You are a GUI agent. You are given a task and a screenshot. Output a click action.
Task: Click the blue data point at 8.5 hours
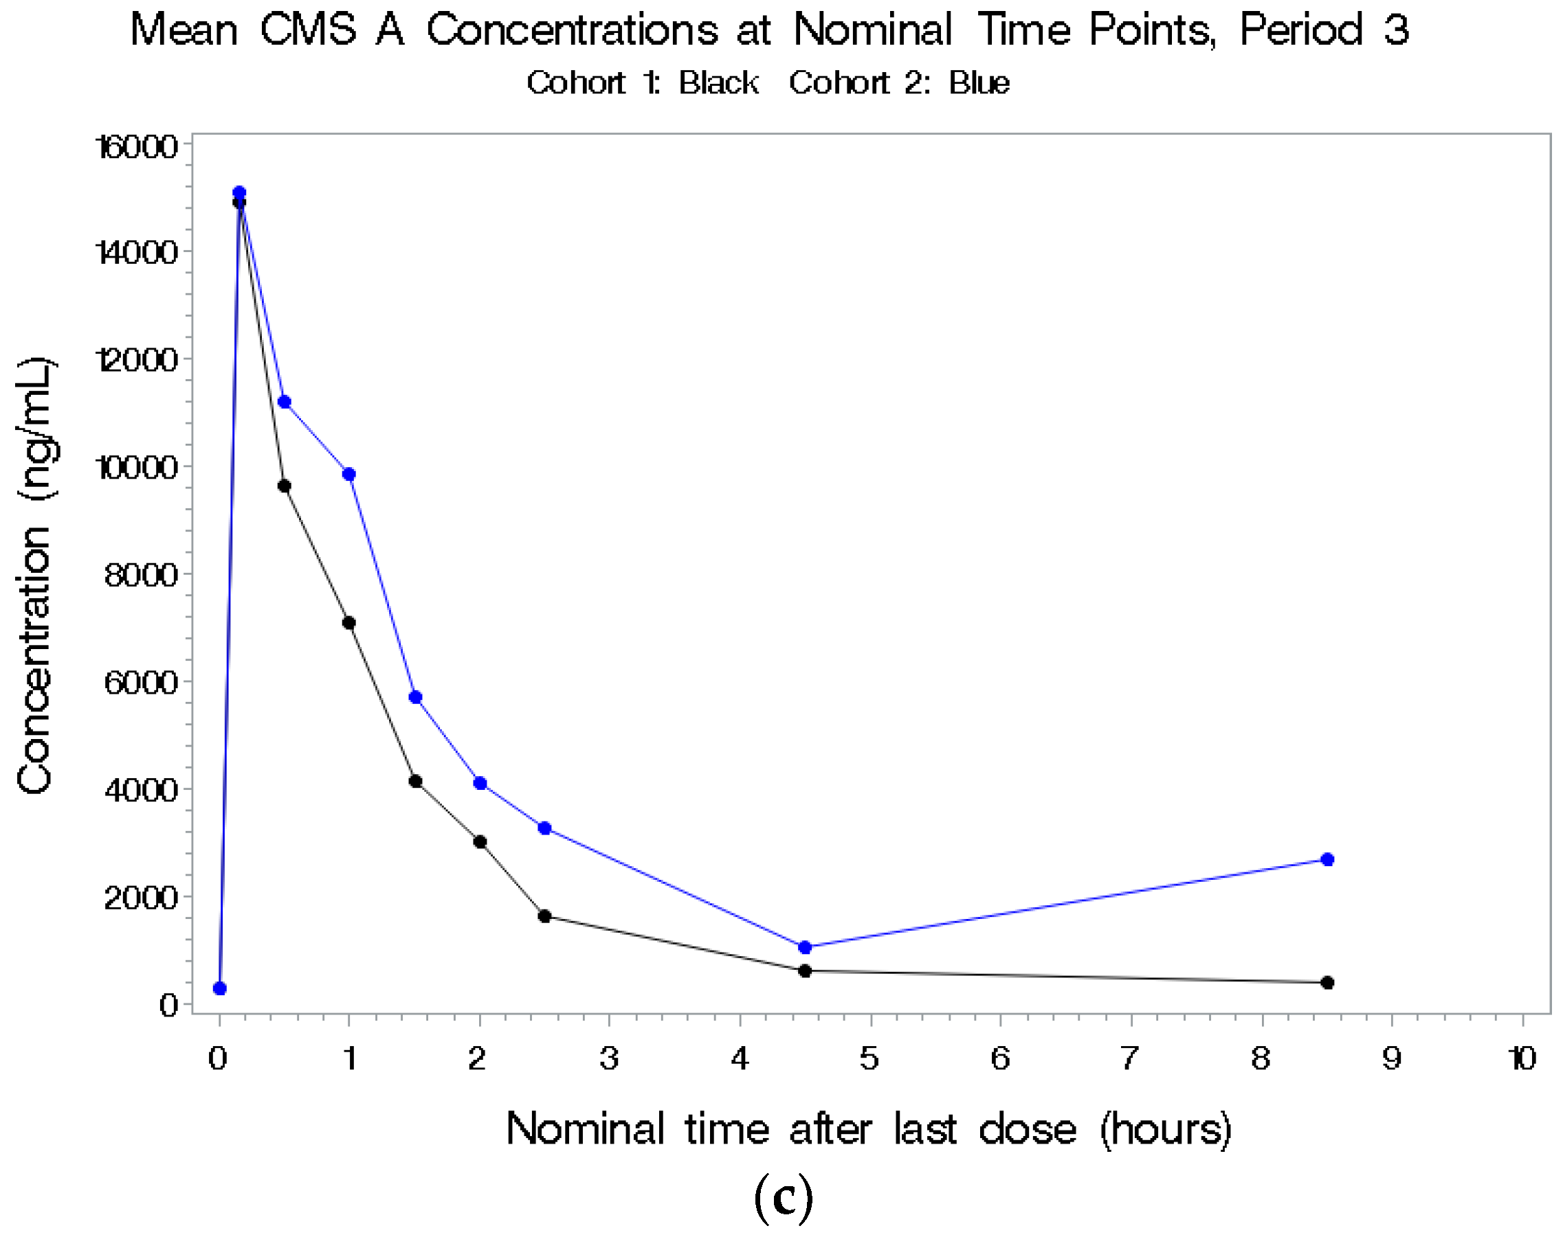tap(1327, 859)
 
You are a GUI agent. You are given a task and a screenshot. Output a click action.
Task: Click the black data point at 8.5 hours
tap(1327, 982)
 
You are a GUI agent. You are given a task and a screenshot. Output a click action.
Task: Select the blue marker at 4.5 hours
tap(804, 946)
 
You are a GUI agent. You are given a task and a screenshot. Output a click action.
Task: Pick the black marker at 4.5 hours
tap(804, 971)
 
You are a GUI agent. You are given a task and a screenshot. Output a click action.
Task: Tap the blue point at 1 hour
tap(348, 475)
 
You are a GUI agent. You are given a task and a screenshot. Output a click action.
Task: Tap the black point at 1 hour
tap(348, 623)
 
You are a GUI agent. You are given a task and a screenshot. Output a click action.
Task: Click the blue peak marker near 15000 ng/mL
tap(239, 192)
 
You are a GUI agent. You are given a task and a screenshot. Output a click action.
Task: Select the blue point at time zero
tap(219, 988)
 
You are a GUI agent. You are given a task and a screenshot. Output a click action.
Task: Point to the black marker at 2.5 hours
tap(544, 916)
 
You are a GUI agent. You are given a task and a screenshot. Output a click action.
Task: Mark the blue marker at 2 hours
tap(480, 783)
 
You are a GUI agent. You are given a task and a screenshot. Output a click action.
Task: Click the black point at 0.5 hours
tap(284, 486)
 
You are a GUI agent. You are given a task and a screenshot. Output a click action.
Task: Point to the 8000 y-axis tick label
tap(141, 575)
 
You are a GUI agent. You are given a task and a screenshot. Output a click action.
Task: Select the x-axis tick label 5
tap(869, 1059)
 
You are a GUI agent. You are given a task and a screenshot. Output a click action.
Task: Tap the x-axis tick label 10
tap(1522, 1059)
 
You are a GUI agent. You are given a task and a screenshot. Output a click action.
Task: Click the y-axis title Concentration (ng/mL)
tap(35, 576)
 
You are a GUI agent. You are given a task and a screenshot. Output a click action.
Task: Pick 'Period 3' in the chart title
tap(1323, 30)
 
